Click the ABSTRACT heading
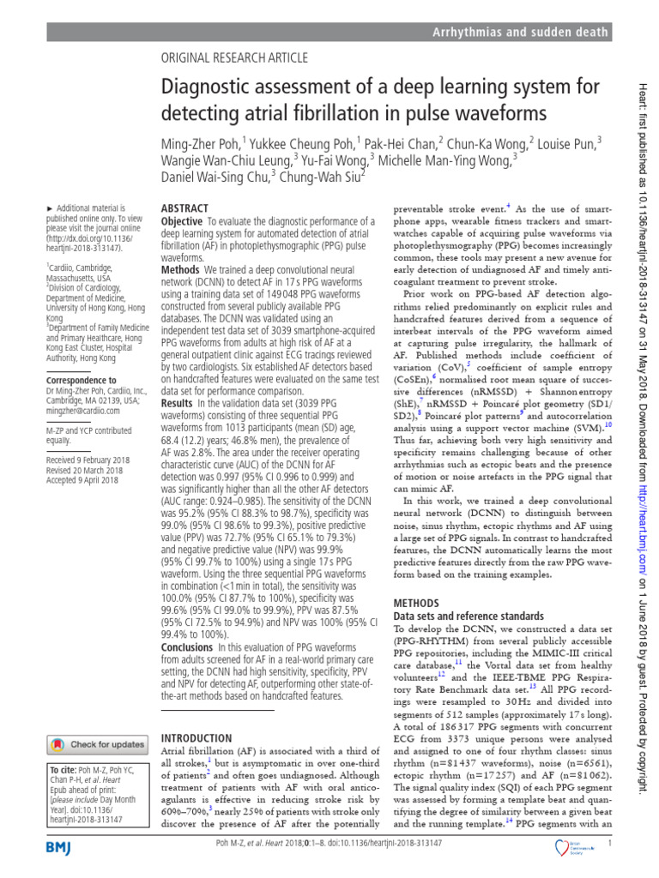click(184, 208)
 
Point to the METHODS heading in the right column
click(416, 603)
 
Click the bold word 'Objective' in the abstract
click(182, 221)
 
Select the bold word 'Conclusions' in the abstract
click(187, 647)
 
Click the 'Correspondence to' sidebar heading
click(81, 380)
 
